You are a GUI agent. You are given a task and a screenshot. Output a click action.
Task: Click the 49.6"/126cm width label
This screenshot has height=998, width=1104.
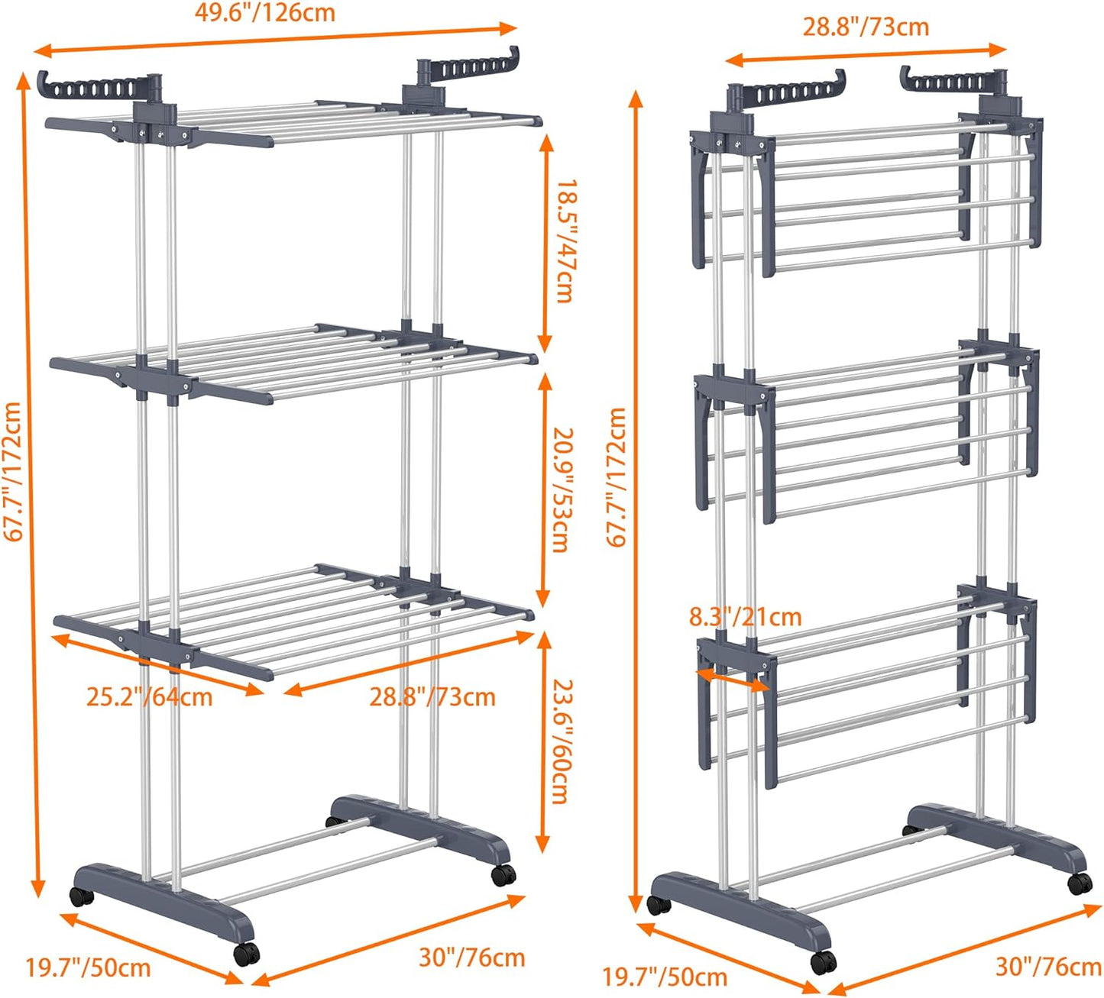click(x=264, y=13)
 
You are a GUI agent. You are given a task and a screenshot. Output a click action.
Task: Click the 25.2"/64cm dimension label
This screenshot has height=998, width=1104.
click(x=149, y=697)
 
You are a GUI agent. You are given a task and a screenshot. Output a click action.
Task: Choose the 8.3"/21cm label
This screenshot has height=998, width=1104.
click(x=745, y=616)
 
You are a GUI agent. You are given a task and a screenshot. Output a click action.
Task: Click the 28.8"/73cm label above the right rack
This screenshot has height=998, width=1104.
click(x=866, y=27)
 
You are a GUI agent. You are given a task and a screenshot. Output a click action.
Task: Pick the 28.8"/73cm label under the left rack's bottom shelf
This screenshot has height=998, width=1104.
click(x=432, y=697)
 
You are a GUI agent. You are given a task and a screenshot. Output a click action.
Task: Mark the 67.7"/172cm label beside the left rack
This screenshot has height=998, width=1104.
click(x=13, y=472)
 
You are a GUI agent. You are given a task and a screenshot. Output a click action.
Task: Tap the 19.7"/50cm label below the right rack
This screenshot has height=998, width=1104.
click(x=665, y=977)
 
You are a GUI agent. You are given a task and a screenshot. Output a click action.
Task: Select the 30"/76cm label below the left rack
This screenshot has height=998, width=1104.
click(x=471, y=958)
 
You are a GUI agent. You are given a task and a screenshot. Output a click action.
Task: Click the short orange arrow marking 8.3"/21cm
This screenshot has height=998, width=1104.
click(x=733, y=680)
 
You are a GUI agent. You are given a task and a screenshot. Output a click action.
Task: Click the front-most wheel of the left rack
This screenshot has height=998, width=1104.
click(x=246, y=954)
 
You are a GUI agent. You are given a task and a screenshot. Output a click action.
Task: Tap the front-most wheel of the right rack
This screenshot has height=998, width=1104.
click(x=822, y=962)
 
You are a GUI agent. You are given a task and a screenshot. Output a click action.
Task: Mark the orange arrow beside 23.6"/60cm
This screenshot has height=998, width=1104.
click(x=542, y=741)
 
